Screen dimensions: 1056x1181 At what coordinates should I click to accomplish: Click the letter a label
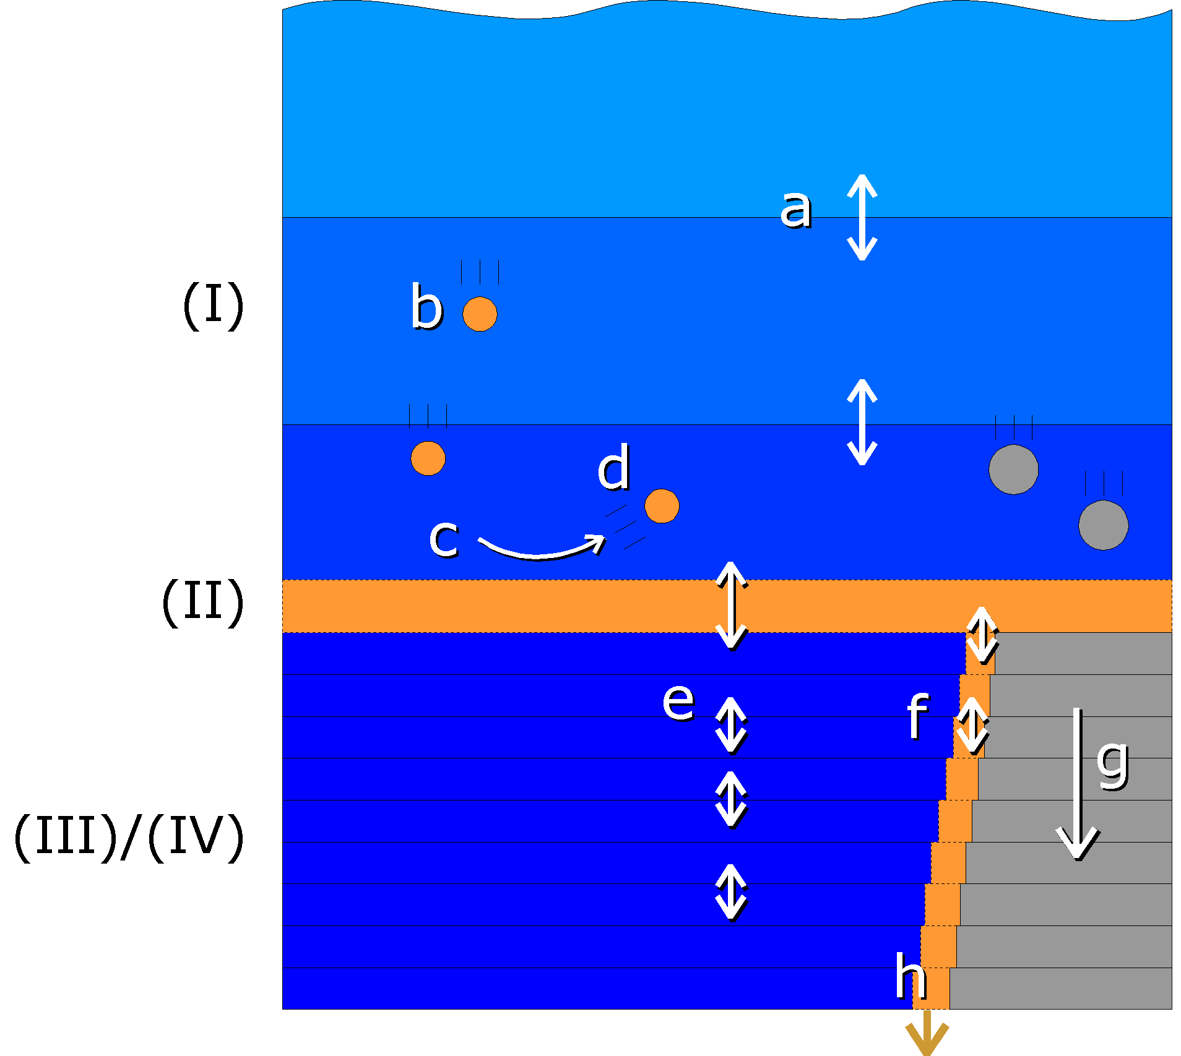(x=795, y=210)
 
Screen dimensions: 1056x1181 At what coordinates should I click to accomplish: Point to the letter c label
(x=444, y=538)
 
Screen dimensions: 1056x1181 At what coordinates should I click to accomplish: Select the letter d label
(x=613, y=468)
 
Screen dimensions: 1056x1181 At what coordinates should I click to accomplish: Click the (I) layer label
(x=213, y=305)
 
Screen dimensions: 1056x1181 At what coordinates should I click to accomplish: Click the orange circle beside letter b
(x=480, y=314)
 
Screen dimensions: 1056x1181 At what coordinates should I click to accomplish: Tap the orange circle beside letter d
(x=662, y=506)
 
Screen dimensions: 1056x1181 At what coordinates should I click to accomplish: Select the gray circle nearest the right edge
(x=1103, y=525)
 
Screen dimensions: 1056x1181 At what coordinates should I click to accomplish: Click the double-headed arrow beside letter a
(x=862, y=217)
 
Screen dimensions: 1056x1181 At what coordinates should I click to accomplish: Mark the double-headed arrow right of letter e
(x=731, y=725)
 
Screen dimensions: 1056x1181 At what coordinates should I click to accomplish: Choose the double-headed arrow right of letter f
(x=972, y=726)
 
